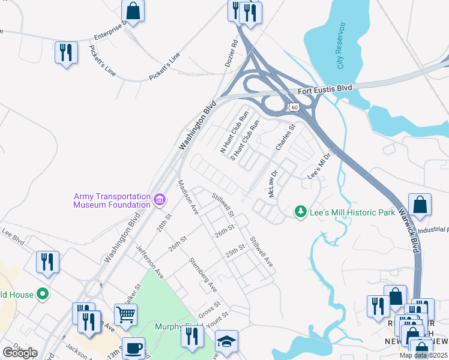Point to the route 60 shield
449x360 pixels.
click(x=293, y=107)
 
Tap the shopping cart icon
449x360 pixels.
click(x=125, y=313)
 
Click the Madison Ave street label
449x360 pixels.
click(x=187, y=196)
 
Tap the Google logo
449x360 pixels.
click(x=20, y=353)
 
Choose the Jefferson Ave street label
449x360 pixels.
click(x=149, y=262)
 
